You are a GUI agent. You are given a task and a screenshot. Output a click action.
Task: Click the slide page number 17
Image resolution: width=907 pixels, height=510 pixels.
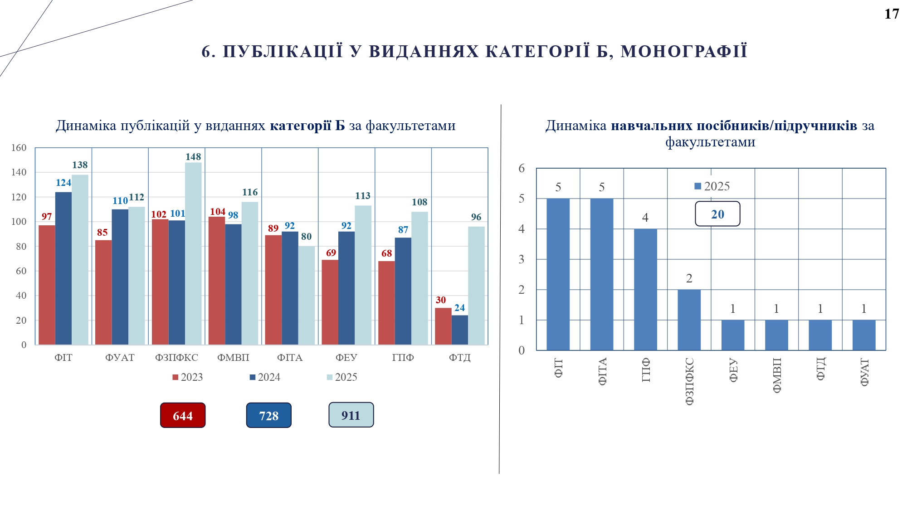(x=891, y=14)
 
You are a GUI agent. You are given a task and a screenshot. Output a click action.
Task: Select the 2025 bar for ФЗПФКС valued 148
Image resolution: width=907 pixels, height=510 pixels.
(x=193, y=254)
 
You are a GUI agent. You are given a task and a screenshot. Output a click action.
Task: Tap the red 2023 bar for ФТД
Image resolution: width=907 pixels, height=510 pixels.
(x=443, y=326)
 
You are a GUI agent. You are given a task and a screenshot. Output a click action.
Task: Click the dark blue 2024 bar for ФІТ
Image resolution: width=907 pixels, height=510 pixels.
(x=63, y=268)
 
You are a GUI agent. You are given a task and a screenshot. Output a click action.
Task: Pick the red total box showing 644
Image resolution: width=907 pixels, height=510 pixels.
(x=183, y=415)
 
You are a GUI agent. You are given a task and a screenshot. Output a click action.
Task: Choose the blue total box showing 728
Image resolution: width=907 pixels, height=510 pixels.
(x=269, y=415)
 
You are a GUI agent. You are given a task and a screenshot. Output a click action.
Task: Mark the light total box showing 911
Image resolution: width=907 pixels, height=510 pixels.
(x=351, y=415)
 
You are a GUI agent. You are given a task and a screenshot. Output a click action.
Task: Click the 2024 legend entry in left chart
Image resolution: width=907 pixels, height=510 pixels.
(x=265, y=377)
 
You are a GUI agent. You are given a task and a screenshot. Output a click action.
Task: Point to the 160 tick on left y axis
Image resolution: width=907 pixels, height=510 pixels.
(x=19, y=148)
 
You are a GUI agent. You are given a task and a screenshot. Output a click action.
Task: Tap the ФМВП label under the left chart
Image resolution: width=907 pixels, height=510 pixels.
(x=233, y=358)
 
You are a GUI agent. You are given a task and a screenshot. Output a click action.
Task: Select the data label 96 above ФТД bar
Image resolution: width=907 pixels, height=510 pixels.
(x=476, y=217)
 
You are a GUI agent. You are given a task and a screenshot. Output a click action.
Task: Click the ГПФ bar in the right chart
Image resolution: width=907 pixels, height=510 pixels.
(x=645, y=289)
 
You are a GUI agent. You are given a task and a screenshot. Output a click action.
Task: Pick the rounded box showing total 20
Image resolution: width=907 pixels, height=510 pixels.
(x=717, y=214)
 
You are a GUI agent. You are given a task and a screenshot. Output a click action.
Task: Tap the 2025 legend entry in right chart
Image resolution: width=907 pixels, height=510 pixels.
(x=712, y=186)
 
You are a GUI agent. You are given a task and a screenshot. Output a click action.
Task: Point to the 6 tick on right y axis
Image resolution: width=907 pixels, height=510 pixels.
(x=522, y=169)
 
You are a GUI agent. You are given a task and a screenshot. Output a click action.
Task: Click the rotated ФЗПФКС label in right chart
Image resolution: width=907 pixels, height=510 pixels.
(x=689, y=381)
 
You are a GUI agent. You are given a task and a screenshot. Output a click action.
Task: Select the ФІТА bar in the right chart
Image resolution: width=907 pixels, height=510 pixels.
(x=602, y=274)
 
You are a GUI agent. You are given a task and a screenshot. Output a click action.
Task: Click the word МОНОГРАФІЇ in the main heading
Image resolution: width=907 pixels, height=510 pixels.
(x=683, y=52)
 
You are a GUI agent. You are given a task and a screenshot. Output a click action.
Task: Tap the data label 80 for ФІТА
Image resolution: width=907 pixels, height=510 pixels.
(x=306, y=237)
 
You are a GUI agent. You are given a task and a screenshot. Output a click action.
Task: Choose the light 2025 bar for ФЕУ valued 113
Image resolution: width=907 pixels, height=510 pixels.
(x=363, y=275)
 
